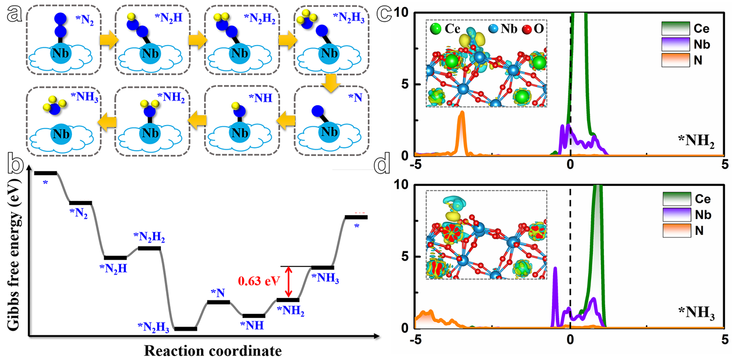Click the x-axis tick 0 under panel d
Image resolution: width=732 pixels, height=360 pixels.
[570, 339]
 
